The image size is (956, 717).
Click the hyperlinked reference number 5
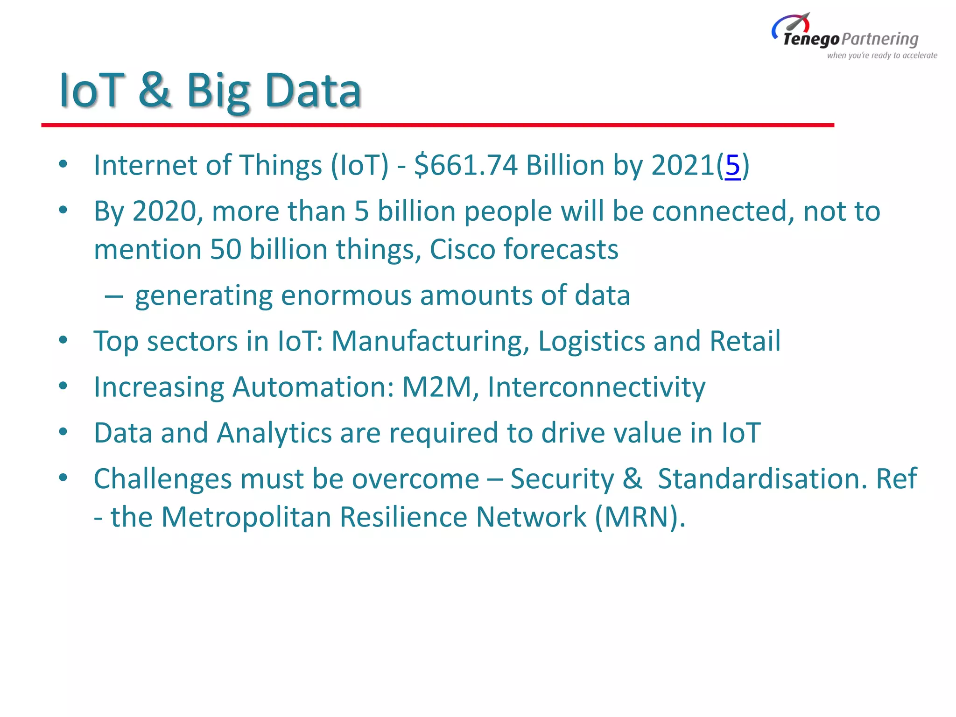[x=732, y=165]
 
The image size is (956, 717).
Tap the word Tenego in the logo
[x=811, y=39]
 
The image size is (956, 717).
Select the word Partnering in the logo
[x=880, y=39]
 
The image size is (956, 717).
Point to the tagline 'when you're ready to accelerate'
[x=882, y=56]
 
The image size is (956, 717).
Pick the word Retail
[x=745, y=341]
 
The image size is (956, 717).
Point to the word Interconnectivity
[x=596, y=387]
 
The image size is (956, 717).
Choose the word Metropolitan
[x=246, y=517]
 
